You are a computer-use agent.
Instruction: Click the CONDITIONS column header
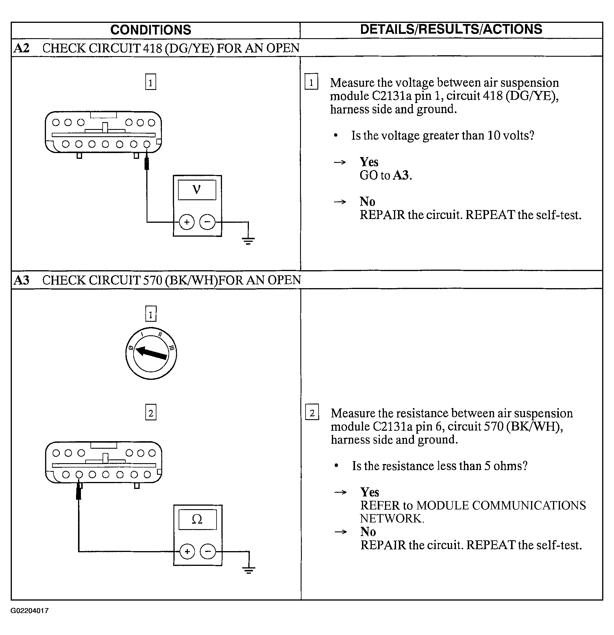(x=151, y=30)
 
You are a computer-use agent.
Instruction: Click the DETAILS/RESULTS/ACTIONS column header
(x=451, y=29)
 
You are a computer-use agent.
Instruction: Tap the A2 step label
(x=21, y=48)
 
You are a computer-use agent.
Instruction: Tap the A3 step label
(x=21, y=280)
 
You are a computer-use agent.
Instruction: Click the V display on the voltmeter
(x=197, y=189)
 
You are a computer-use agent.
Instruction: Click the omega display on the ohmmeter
(x=197, y=519)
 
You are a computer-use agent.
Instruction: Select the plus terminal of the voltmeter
(x=187, y=222)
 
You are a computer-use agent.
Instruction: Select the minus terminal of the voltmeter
(x=208, y=222)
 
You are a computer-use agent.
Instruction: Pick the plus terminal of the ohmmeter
(x=187, y=551)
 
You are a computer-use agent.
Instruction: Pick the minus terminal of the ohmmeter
(x=208, y=551)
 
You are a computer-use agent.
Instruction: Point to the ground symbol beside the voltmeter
(x=248, y=240)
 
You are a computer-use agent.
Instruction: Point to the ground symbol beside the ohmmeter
(x=249, y=570)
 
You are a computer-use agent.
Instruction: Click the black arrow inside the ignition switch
(x=151, y=353)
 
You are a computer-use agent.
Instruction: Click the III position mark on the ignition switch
(x=171, y=348)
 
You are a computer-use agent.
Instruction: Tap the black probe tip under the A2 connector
(x=147, y=164)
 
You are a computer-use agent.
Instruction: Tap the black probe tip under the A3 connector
(x=78, y=493)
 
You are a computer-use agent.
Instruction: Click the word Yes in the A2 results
(x=369, y=162)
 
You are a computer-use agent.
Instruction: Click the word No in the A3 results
(x=368, y=532)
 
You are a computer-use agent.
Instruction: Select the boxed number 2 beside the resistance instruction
(x=312, y=413)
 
